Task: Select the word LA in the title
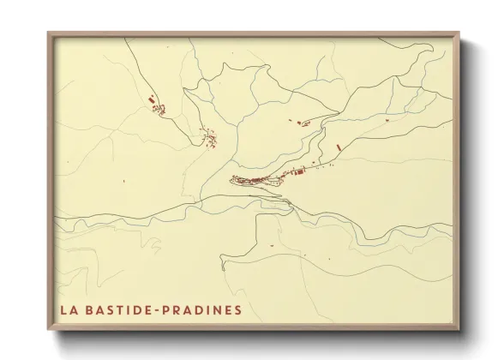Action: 67,309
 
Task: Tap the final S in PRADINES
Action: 237,309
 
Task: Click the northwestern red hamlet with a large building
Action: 157,105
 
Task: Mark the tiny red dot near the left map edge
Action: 123,181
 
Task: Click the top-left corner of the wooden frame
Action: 48,33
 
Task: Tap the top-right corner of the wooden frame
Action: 459,33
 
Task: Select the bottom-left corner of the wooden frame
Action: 48,330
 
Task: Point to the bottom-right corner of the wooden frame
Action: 459,330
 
